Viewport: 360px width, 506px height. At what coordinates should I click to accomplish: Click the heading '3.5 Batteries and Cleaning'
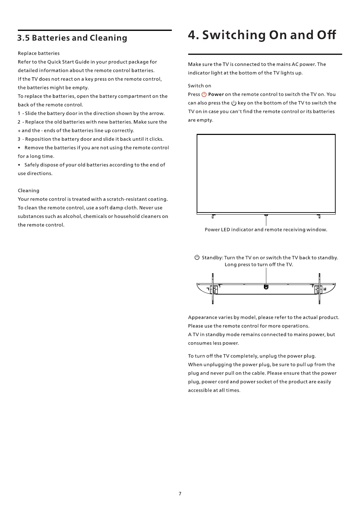click(x=72, y=38)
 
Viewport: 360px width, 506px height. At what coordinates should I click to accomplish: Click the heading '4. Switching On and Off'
click(x=262, y=35)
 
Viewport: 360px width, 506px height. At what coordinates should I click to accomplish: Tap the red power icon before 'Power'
click(x=204, y=94)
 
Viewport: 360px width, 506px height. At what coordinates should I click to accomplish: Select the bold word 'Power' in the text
click(x=216, y=94)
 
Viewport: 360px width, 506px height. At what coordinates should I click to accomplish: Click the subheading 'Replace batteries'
click(x=39, y=53)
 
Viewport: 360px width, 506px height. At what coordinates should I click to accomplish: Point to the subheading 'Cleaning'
click(x=28, y=191)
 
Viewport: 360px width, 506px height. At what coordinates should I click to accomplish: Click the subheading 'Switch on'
click(x=199, y=86)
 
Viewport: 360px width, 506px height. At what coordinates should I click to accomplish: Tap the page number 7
click(x=180, y=494)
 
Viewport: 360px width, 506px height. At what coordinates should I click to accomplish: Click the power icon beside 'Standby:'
click(x=197, y=257)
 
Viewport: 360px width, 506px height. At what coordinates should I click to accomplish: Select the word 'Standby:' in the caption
click(x=212, y=258)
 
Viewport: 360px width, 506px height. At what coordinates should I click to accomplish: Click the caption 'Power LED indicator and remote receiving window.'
click(x=266, y=230)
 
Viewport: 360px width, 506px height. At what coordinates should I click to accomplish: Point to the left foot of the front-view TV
click(x=213, y=216)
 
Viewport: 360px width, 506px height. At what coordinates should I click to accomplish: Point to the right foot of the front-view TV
click(x=319, y=216)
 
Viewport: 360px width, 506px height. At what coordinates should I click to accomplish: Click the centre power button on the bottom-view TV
click(x=266, y=287)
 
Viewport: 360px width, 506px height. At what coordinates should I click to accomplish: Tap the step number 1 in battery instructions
click(x=19, y=113)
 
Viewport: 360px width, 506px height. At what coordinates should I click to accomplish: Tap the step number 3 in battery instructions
click(x=19, y=139)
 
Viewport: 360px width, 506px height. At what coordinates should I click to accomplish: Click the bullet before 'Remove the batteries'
click(x=19, y=148)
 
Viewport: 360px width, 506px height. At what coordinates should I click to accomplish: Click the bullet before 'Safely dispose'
click(x=19, y=165)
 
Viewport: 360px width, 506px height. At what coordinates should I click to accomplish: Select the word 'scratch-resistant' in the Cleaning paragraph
click(x=127, y=199)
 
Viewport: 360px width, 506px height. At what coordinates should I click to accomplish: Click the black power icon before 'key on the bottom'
click(x=234, y=103)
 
